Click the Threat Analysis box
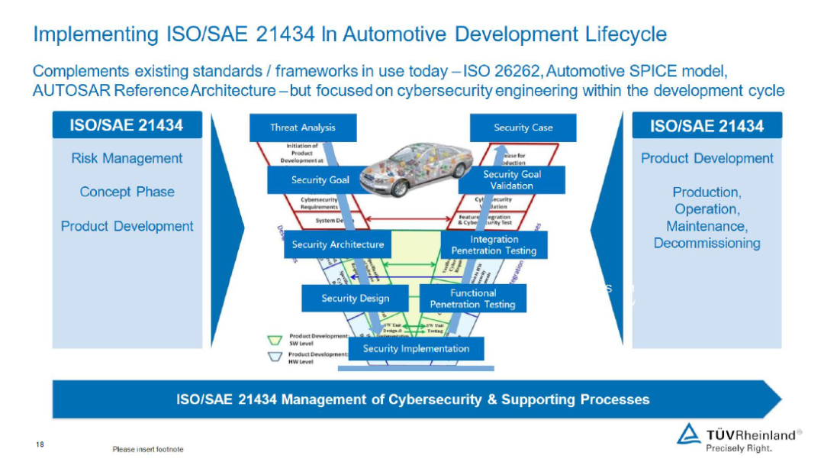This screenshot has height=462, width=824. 303,128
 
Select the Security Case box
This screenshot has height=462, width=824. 523,128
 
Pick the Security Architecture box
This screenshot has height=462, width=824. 338,245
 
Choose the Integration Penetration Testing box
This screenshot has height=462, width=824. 494,245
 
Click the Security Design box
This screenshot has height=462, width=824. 355,298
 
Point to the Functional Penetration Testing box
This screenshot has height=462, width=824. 473,299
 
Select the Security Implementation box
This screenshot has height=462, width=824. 416,349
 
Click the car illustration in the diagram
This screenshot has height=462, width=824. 408,164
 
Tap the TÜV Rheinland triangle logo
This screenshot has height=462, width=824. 688,433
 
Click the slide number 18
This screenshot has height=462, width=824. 40,444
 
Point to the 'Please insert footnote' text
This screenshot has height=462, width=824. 148,449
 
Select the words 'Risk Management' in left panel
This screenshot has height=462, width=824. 127,159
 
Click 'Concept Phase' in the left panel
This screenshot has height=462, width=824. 127,192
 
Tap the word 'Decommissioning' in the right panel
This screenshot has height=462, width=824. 707,244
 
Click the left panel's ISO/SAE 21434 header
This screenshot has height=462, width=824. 127,125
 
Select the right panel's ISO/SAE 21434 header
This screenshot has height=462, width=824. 707,126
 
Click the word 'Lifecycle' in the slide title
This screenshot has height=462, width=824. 622,34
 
